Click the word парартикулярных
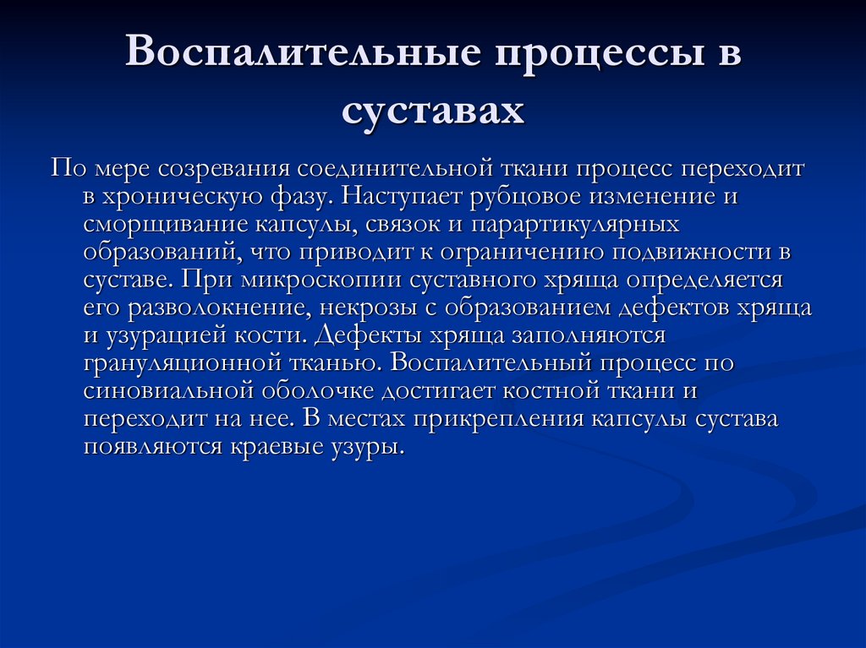589,224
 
